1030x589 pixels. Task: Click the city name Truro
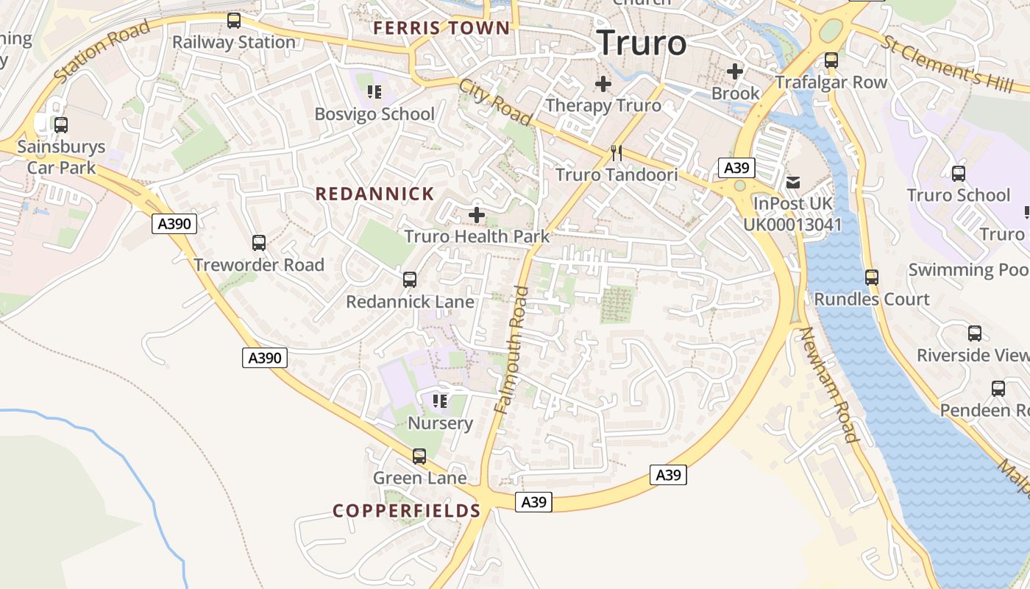pos(641,43)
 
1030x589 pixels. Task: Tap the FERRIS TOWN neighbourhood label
pos(441,29)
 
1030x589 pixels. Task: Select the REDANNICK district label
pos(374,194)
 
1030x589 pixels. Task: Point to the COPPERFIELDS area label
pos(406,511)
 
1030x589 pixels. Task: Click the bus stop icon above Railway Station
pos(234,21)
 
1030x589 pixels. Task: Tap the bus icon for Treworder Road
pos(259,243)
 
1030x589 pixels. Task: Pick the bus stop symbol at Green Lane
pos(419,456)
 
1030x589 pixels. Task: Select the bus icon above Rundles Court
pos(872,278)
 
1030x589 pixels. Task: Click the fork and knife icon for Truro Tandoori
pos(617,153)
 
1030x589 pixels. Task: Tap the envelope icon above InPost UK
pos(793,182)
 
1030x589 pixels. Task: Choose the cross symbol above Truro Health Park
pos(477,215)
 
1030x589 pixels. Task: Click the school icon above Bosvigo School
pos(374,92)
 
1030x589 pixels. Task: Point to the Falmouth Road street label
pos(512,350)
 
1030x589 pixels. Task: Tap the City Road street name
pos(495,102)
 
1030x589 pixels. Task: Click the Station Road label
pos(102,51)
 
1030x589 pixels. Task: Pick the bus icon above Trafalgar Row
pos(831,60)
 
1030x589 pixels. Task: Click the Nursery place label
pos(440,423)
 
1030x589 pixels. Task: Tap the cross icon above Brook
pos(735,71)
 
